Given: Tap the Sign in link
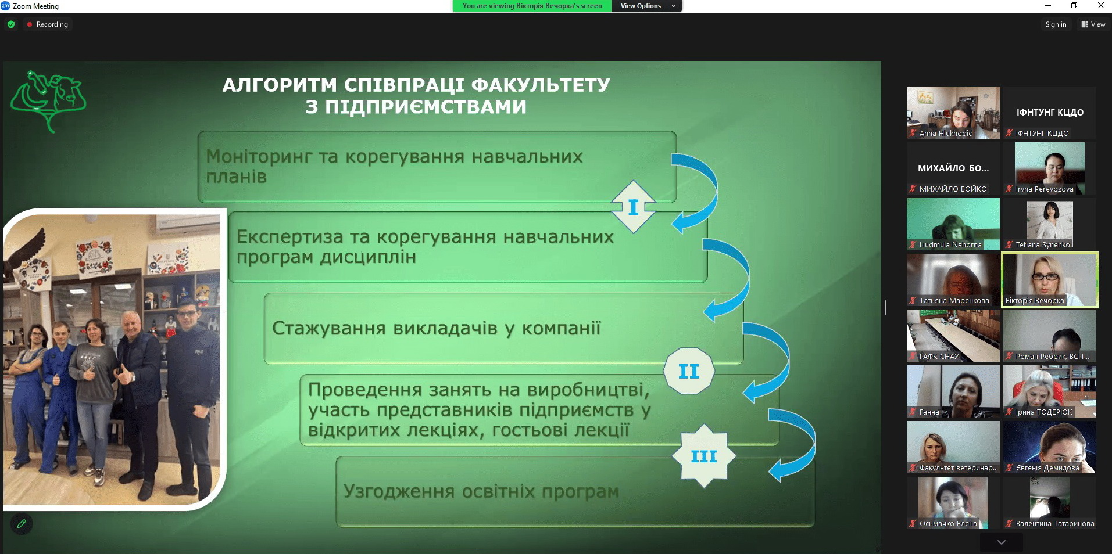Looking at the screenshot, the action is [x=1056, y=24].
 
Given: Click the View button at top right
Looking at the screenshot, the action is [x=1093, y=24].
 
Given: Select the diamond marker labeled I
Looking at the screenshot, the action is [x=634, y=207].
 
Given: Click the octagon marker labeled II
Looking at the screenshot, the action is [x=689, y=371].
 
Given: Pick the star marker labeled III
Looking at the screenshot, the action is [x=704, y=456].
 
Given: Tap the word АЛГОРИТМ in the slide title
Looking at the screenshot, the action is [x=280, y=85].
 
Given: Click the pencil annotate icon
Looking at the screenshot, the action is [x=22, y=524].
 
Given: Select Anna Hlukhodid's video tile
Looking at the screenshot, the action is [x=953, y=113].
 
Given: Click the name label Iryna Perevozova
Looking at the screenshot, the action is [x=1045, y=189].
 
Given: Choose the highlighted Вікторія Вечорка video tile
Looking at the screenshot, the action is [x=1050, y=280].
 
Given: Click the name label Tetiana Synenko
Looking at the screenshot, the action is [x=1043, y=245].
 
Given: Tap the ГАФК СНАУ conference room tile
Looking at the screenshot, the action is [x=953, y=336].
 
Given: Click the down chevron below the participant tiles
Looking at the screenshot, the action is [x=1001, y=542].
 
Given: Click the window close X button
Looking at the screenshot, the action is [x=1100, y=6].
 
